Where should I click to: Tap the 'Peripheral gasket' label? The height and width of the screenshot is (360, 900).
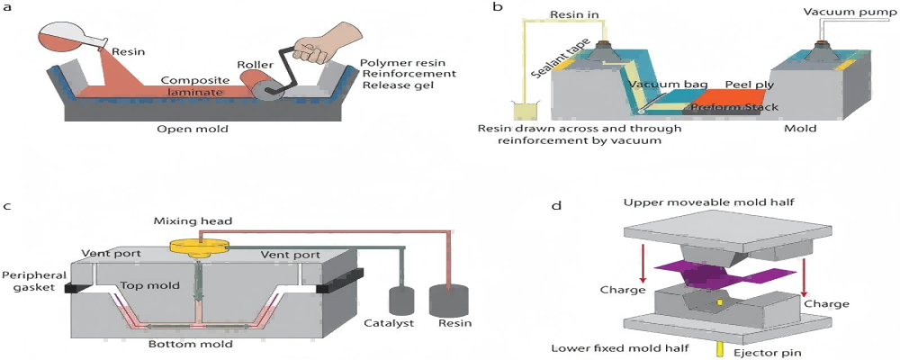pyautogui.click(x=29, y=280)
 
